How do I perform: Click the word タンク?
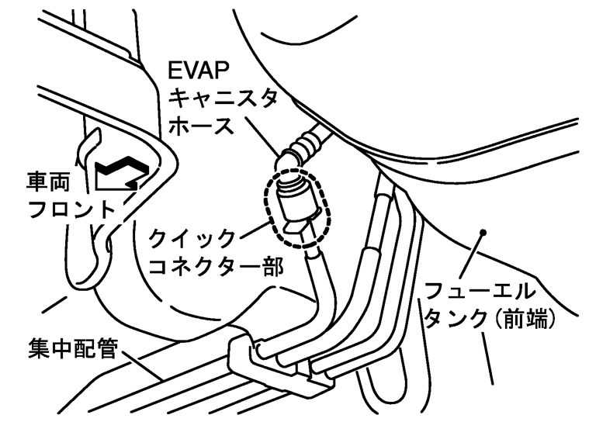(448, 320)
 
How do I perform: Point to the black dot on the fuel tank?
(483, 232)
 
